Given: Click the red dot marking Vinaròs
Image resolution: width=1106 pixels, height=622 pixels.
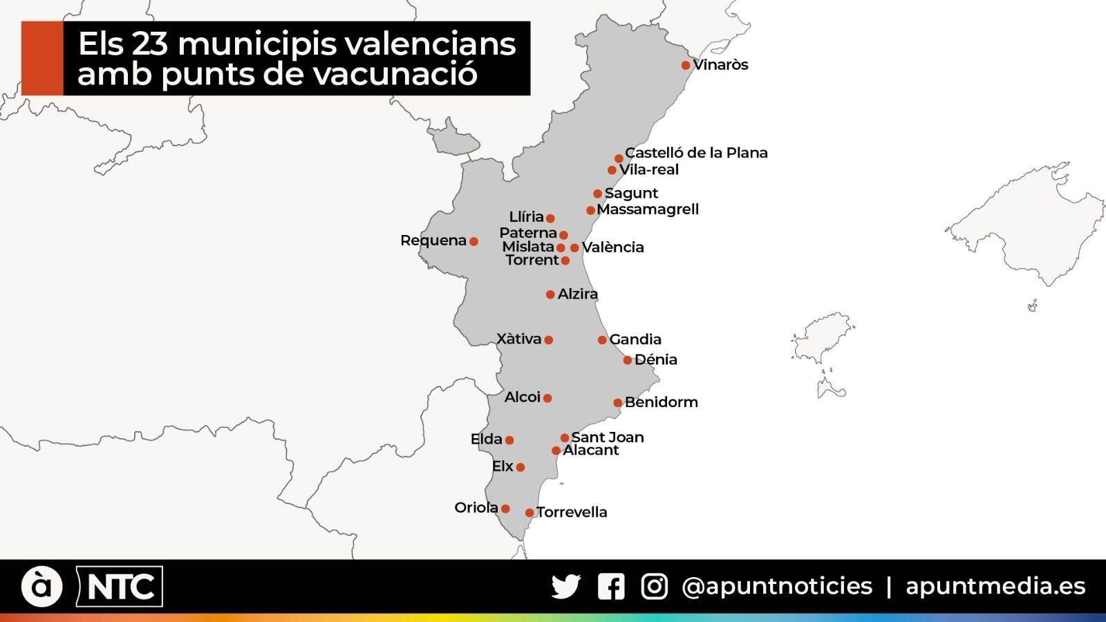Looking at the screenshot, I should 686,65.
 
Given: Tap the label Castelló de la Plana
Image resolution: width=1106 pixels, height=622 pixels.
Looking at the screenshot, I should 696,153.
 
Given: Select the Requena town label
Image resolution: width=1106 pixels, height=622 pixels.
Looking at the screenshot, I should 433,241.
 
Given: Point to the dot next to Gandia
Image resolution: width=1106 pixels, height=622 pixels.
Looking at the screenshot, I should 602,339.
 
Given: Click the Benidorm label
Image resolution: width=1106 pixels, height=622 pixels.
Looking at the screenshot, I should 661,402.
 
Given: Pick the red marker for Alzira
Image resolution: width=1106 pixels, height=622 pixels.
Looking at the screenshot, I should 550,294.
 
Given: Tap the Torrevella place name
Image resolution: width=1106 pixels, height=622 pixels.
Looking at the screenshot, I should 572,512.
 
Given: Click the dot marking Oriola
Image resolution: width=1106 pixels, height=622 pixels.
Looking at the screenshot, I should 505,509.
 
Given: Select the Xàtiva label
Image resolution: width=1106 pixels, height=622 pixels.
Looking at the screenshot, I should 518,339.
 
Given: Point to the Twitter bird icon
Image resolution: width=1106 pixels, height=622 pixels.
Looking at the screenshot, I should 566,587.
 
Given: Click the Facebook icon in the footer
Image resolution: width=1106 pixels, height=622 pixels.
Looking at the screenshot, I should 611,587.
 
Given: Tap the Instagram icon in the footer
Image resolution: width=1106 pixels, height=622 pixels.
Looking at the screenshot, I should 654,587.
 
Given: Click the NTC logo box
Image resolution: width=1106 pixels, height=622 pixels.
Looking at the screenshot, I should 120,587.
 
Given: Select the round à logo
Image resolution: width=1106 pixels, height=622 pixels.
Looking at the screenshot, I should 42,587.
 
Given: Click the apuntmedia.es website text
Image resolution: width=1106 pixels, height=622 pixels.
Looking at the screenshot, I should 995,586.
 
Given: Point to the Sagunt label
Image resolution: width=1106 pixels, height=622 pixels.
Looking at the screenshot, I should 631,194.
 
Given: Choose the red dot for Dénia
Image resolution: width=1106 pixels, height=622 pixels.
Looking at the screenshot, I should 628,360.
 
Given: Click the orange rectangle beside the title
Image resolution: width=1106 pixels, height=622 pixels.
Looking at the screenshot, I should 42,58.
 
